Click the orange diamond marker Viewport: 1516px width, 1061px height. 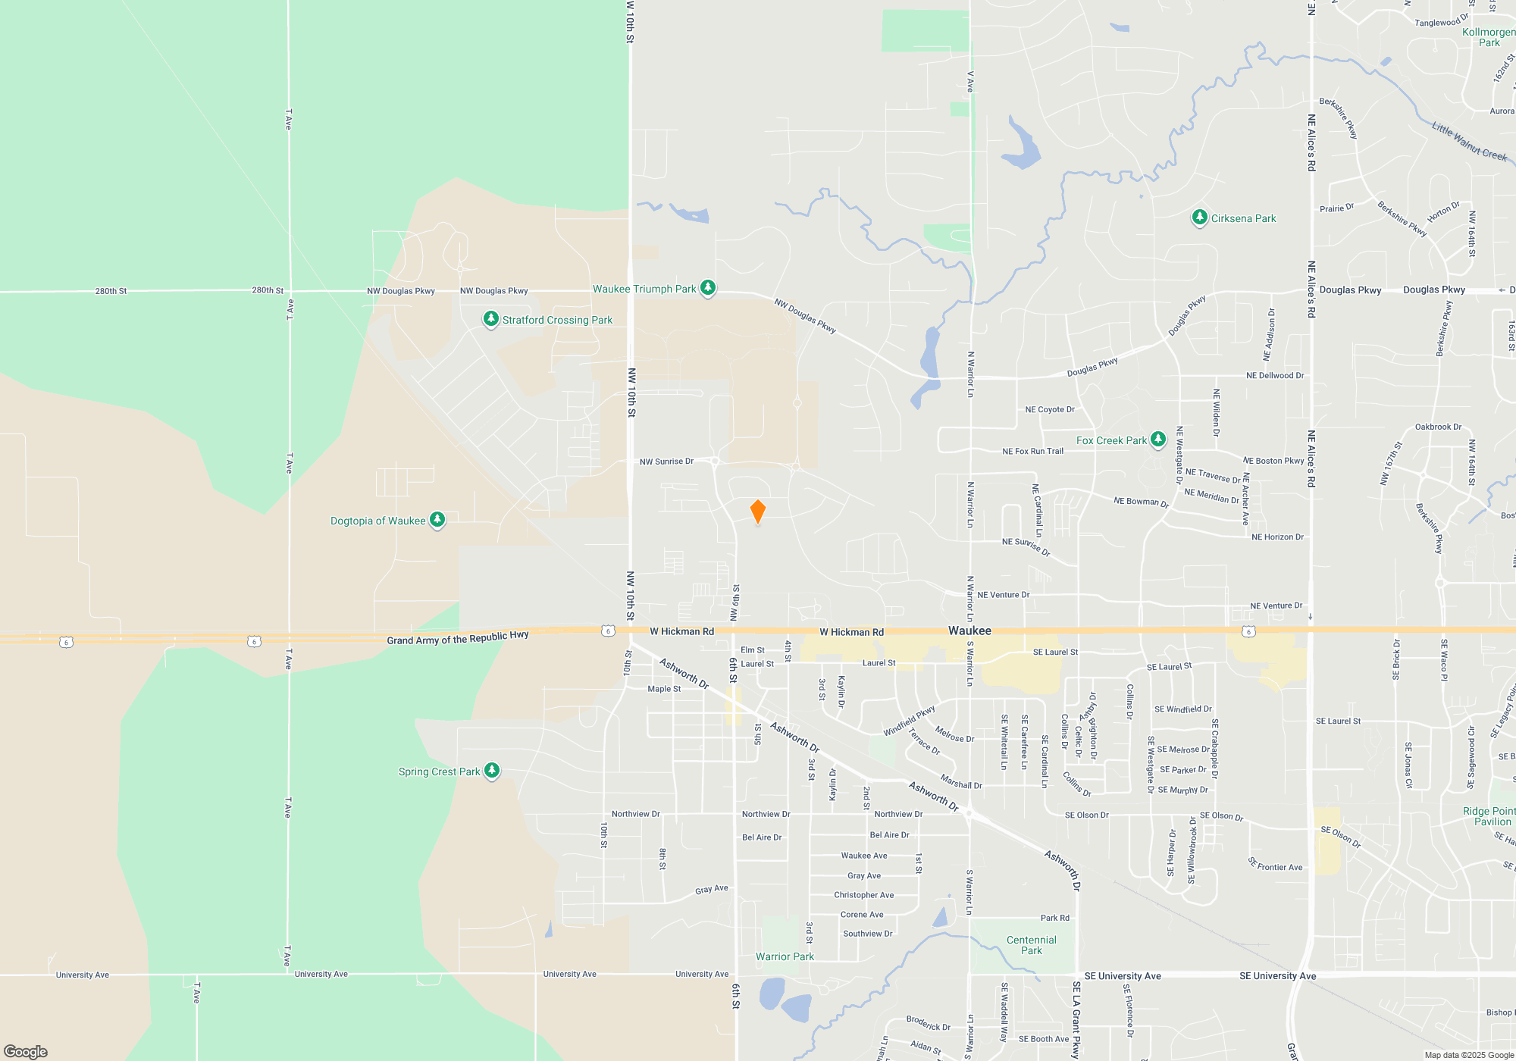coord(757,511)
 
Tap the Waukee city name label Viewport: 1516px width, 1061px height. coord(969,631)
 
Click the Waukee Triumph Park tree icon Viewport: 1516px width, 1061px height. coord(708,288)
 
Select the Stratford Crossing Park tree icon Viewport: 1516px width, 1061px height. coord(491,319)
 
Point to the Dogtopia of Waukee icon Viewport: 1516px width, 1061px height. coord(437,520)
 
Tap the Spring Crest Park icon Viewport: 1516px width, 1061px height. coord(492,771)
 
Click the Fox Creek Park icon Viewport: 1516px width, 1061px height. coord(1158,440)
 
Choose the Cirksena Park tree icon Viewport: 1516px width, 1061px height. coord(1199,218)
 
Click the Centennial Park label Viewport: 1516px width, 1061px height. coord(1031,945)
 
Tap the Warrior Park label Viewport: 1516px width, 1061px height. coord(785,956)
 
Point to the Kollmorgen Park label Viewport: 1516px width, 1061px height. coord(1489,37)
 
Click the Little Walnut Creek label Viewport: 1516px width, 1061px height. coord(1468,142)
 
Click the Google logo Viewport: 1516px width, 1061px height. coord(26,1051)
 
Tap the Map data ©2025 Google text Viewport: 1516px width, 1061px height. coord(1469,1055)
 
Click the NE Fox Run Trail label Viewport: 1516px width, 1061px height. coord(1032,451)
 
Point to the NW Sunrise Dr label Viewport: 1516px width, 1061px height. coord(666,461)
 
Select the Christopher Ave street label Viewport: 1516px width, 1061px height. coord(863,895)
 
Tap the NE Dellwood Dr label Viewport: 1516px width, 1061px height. coord(1275,375)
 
